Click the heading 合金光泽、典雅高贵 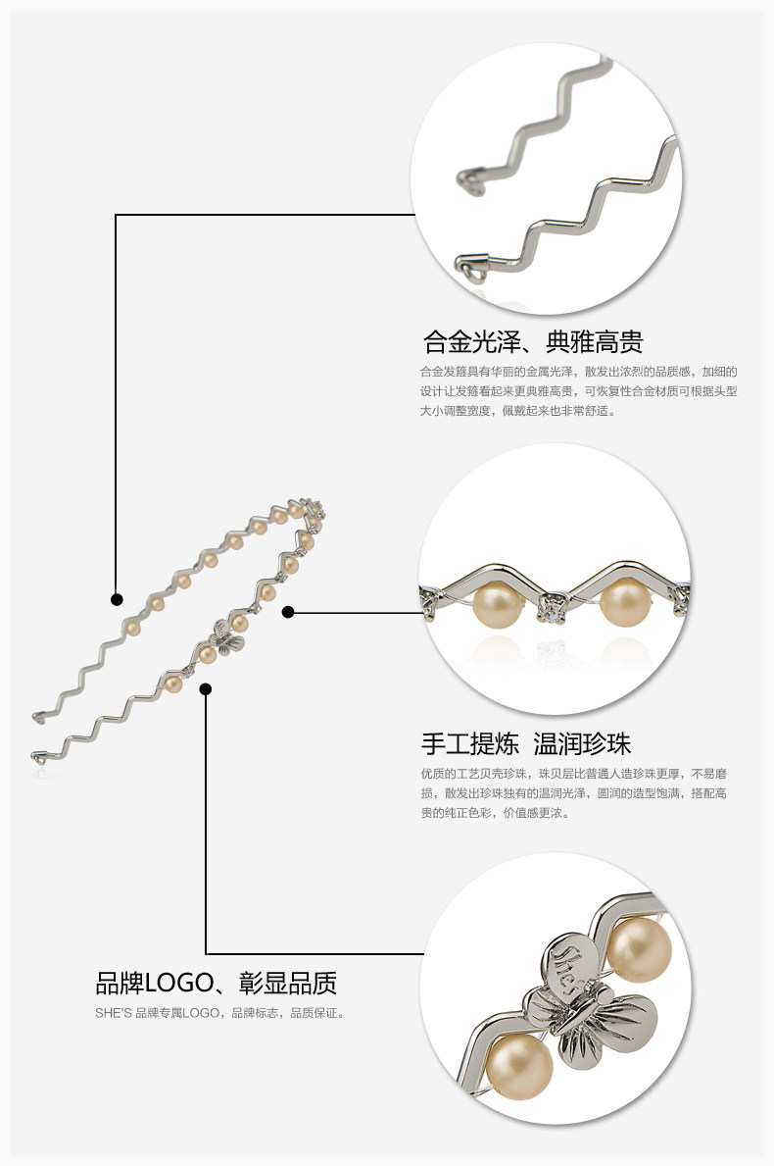(x=532, y=343)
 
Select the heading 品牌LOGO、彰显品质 (x=216, y=983)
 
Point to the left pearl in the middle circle (x=496, y=606)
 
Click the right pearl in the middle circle (x=623, y=604)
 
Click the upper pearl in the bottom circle (x=639, y=949)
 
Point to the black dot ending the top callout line (x=117, y=599)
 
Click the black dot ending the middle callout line (x=288, y=612)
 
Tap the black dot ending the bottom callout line (x=206, y=689)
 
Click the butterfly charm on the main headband (x=229, y=639)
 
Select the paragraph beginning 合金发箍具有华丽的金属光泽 (x=578, y=391)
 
